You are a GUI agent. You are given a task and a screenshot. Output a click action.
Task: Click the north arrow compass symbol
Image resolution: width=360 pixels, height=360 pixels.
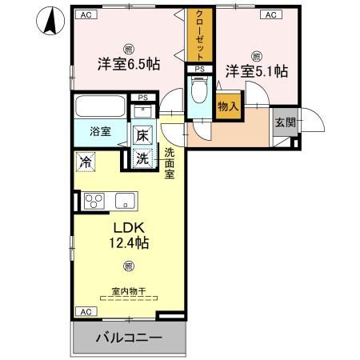(x=49, y=21)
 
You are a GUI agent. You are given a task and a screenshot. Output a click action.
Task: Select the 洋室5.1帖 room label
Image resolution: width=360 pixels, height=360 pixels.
(x=256, y=71)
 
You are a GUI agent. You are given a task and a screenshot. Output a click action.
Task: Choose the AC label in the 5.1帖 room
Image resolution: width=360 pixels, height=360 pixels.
(x=270, y=14)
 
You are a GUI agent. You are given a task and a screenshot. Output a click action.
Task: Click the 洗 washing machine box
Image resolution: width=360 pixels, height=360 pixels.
(x=142, y=158)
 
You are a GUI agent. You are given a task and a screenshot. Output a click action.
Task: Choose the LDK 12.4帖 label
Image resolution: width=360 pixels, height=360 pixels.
(x=127, y=233)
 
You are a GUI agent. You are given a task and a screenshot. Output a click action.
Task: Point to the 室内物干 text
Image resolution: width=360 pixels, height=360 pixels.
(x=127, y=292)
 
